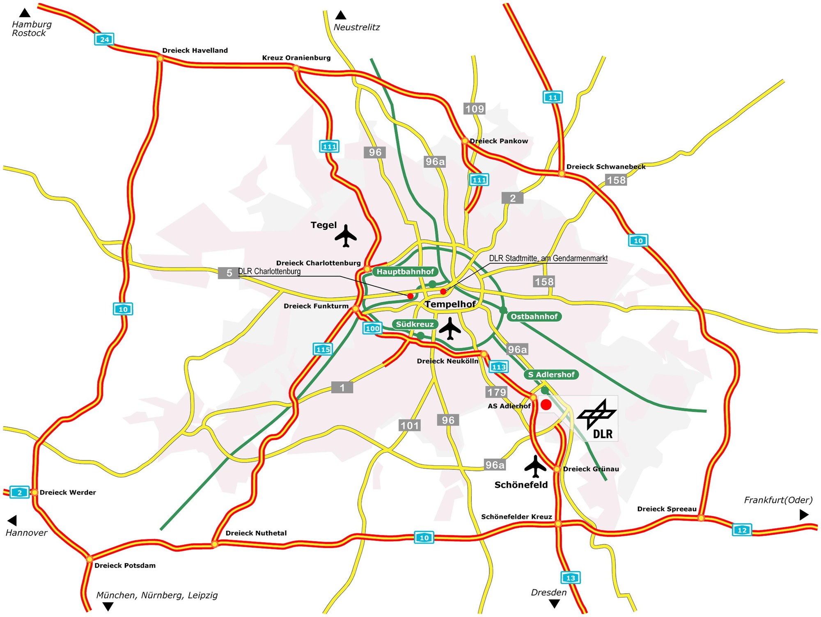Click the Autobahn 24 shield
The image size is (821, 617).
tap(104, 39)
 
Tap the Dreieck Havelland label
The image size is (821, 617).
tap(195, 50)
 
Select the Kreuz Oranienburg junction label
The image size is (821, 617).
tap(296, 58)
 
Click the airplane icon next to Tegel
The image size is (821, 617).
tap(346, 236)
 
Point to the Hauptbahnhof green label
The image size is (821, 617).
tap(405, 272)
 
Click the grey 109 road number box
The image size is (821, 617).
tap(475, 109)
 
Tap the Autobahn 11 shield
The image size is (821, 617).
tap(553, 97)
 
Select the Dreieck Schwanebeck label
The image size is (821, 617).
tap(605, 167)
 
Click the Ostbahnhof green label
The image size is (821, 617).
tap(534, 316)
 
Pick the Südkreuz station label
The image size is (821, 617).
tap(415, 324)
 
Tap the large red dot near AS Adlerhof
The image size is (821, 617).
tap(546, 405)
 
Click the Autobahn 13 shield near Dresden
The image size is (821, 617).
tap(570, 578)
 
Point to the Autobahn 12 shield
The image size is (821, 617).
tap(742, 530)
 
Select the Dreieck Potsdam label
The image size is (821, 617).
tap(125, 565)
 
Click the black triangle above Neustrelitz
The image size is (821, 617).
tap(341, 16)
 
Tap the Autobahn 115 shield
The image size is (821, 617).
tap(323, 350)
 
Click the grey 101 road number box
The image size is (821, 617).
tap(410, 425)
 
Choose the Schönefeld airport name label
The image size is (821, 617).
tap(521, 485)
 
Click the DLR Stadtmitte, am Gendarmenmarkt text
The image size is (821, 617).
tap(548, 258)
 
